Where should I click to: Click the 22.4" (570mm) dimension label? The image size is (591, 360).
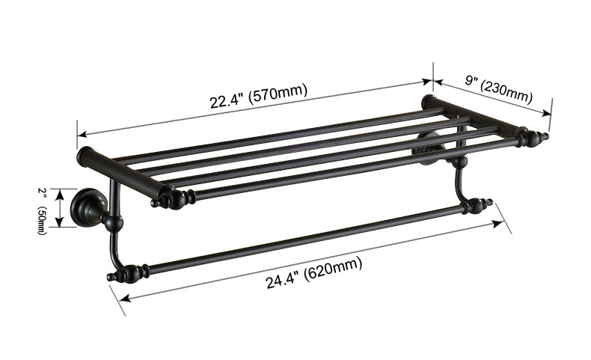pos(258,97)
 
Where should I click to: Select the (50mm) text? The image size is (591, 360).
pos(42,219)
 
